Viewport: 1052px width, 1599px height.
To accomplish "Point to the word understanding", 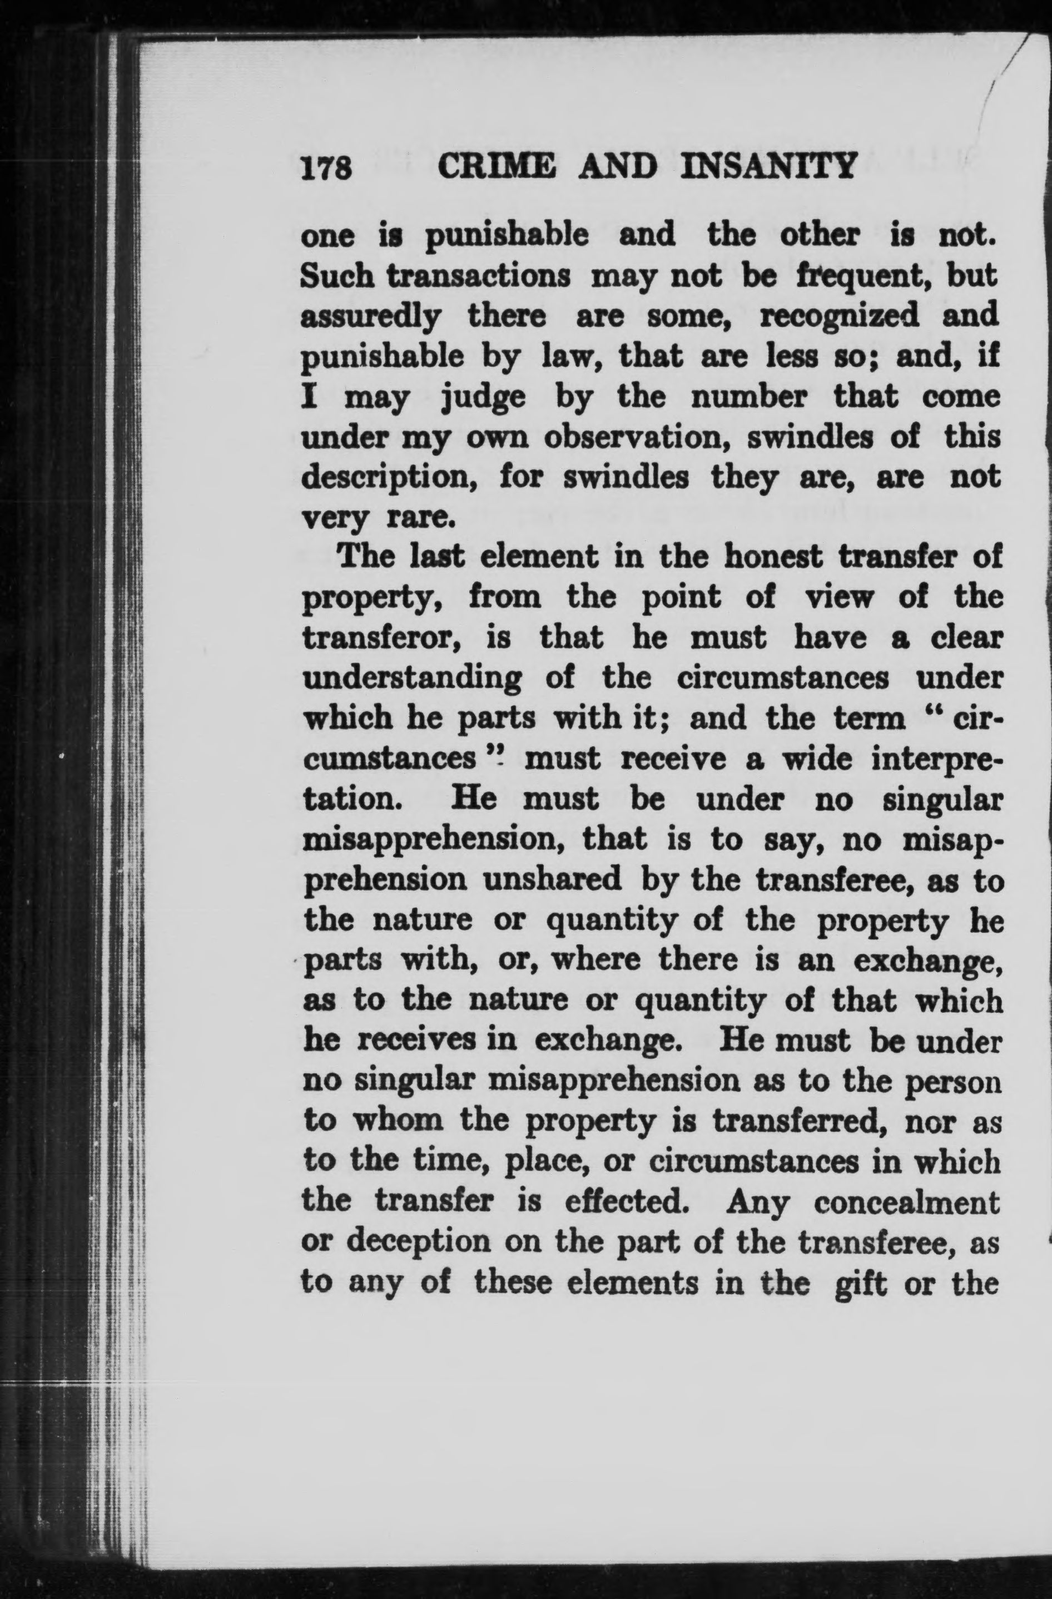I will click(x=413, y=679).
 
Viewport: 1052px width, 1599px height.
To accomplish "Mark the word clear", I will click(x=965, y=638).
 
